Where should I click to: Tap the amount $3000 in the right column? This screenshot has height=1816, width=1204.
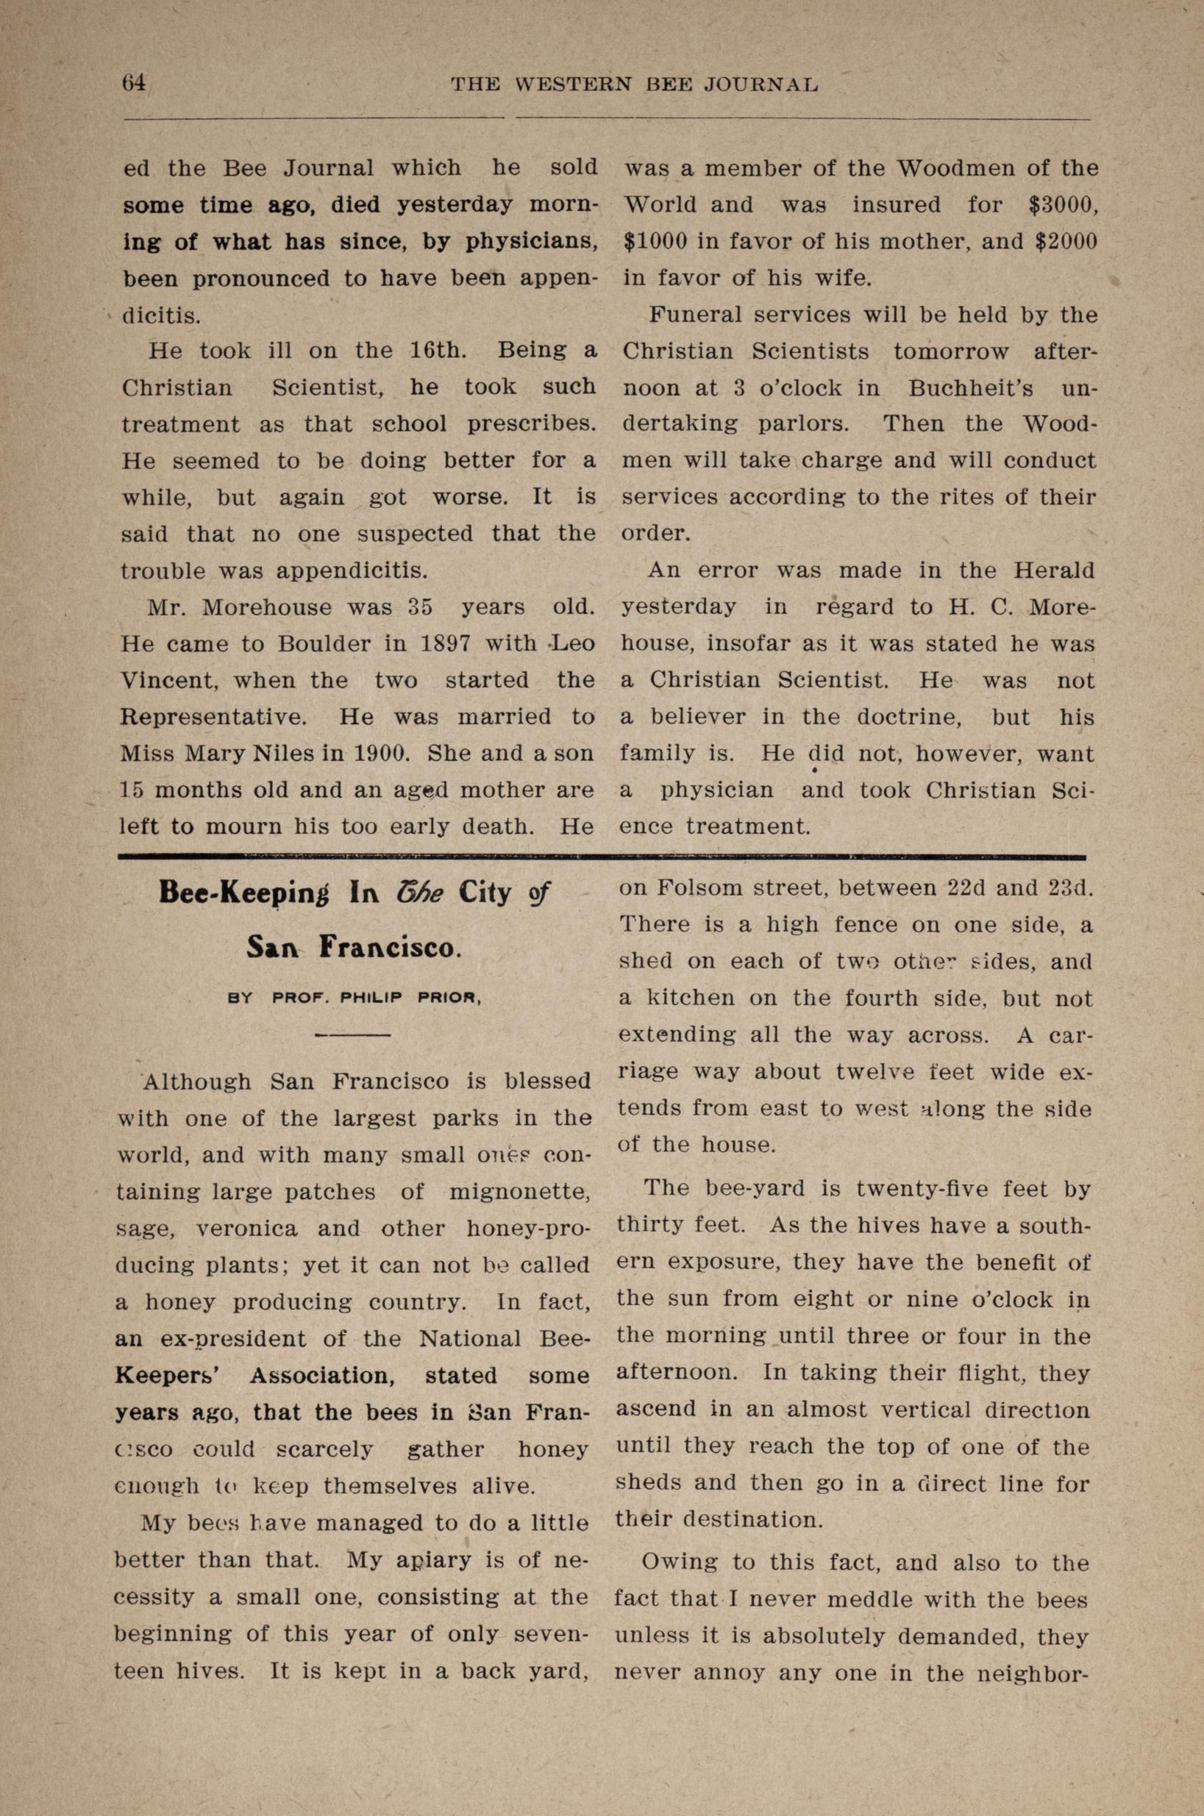pos(1063,205)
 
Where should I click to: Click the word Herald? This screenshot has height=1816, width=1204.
pos(1053,570)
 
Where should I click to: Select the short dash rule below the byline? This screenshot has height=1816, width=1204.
pos(353,1036)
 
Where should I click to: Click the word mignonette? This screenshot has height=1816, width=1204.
pos(519,1191)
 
